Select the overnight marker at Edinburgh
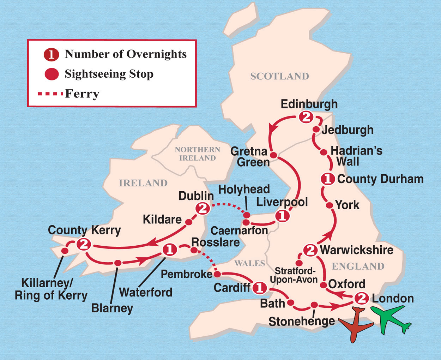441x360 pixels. click(306, 117)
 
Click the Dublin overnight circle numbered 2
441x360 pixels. click(203, 209)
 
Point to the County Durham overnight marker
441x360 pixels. click(327, 179)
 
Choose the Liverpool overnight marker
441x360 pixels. click(282, 216)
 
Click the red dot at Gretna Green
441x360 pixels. click(273, 155)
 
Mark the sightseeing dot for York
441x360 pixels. click(329, 205)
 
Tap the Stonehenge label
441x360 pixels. click(302, 321)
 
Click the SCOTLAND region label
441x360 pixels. click(279, 76)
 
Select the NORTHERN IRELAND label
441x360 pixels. click(198, 154)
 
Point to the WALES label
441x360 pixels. click(249, 263)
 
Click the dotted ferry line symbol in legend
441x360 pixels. click(50, 94)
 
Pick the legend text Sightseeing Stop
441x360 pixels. click(109, 74)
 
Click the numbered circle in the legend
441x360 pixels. click(51, 55)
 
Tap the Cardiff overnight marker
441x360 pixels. click(260, 288)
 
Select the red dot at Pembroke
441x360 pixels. click(217, 274)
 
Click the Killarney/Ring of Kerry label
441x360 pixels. click(51, 289)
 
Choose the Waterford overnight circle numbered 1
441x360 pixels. click(169, 250)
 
